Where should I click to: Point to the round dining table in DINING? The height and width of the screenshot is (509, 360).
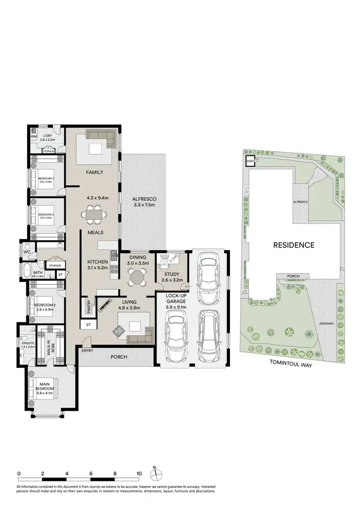[137, 277]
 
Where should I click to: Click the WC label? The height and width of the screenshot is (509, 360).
[27, 251]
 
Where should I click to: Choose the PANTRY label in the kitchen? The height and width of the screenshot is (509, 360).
[89, 307]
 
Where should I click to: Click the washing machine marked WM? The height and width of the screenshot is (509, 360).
[34, 137]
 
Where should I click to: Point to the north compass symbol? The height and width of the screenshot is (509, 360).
[156, 474]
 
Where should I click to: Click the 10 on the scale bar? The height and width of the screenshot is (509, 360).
[139, 473]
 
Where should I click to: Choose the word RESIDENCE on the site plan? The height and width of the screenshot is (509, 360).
[294, 245]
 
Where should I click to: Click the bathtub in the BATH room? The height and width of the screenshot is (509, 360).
[26, 271]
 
